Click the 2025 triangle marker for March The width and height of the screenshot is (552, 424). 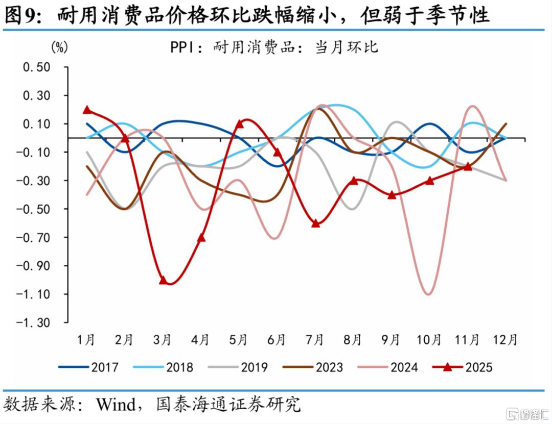coord(163,280)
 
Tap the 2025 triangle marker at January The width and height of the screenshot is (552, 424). coord(87,110)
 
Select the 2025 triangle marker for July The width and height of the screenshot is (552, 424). coord(315,223)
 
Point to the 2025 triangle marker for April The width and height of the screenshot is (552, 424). coord(201,238)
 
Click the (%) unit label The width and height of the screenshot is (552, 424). coord(59,47)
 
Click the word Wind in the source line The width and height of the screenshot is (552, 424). coord(117,405)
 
